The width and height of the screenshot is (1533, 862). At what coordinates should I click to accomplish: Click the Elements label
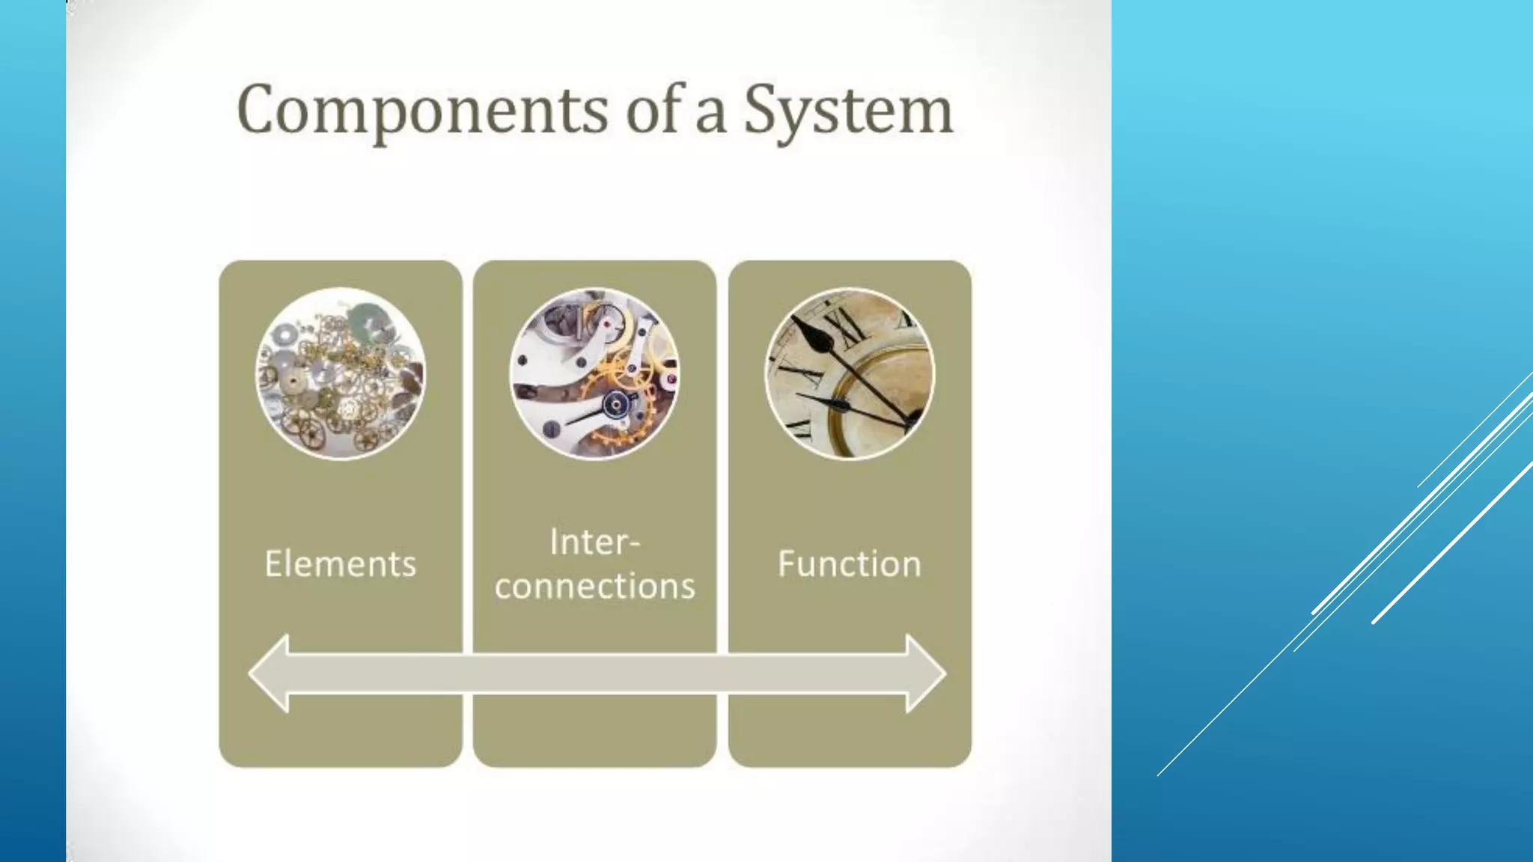(340, 563)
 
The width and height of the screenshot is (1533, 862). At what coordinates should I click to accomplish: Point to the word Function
(849, 563)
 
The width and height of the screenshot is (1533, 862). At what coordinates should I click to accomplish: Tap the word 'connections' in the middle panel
(594, 586)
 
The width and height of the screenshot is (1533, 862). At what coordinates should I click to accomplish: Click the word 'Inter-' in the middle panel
(594, 541)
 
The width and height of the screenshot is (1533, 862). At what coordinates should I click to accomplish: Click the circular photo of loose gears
(341, 373)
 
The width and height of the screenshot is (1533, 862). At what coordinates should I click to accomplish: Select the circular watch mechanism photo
(594, 373)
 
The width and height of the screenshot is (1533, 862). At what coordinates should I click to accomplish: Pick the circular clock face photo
(849, 373)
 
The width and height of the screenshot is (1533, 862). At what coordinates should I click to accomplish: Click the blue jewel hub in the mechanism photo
(616, 405)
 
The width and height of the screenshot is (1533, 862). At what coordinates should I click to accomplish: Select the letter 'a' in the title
(710, 114)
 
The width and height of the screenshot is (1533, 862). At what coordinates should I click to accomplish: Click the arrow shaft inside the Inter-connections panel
(594, 673)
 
